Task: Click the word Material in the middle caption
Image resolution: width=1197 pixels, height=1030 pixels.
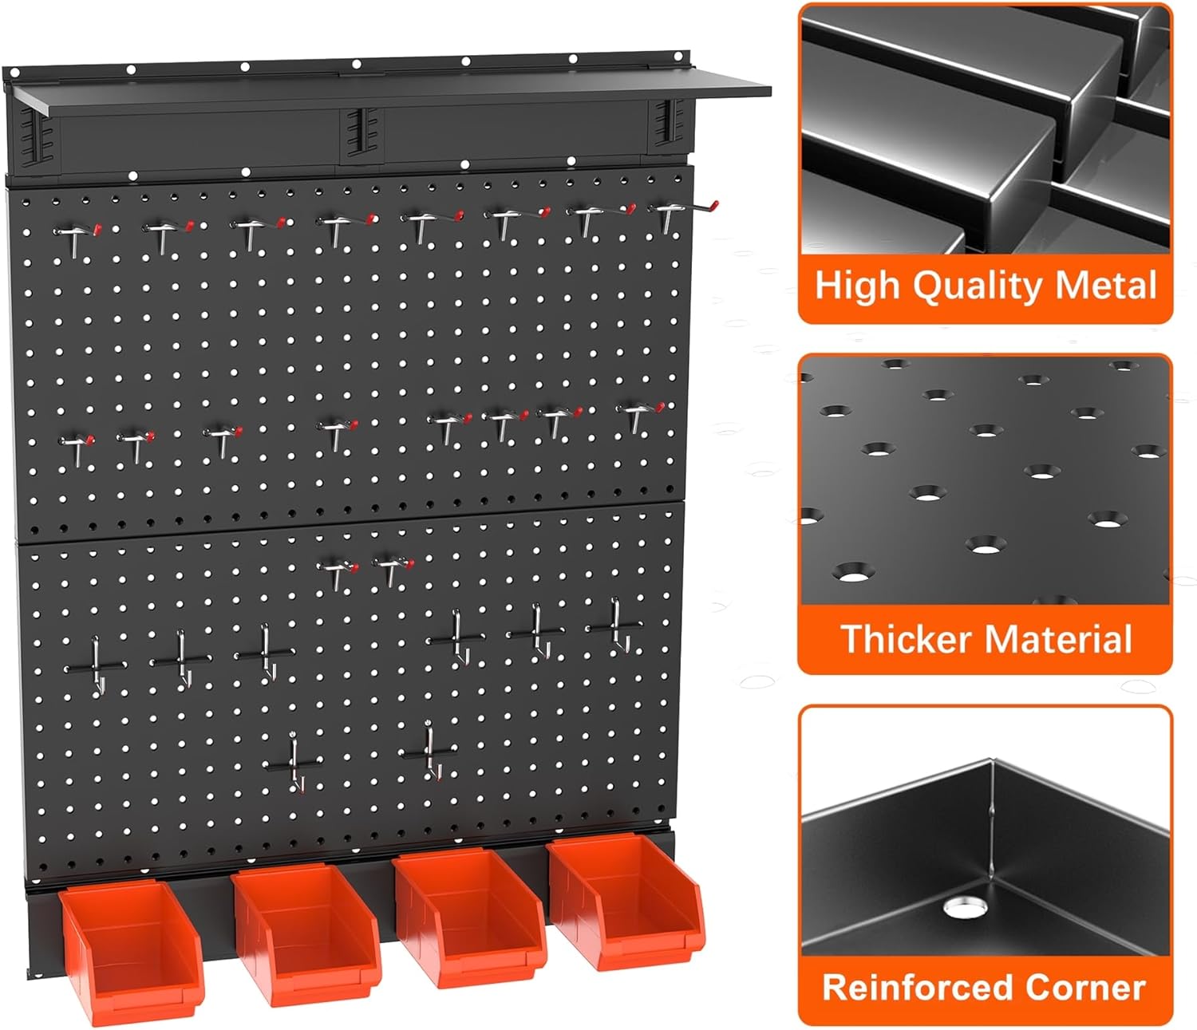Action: (x=1057, y=640)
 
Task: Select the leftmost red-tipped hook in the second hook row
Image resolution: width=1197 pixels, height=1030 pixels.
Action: (x=77, y=444)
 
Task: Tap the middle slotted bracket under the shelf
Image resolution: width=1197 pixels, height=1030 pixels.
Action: (x=354, y=131)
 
